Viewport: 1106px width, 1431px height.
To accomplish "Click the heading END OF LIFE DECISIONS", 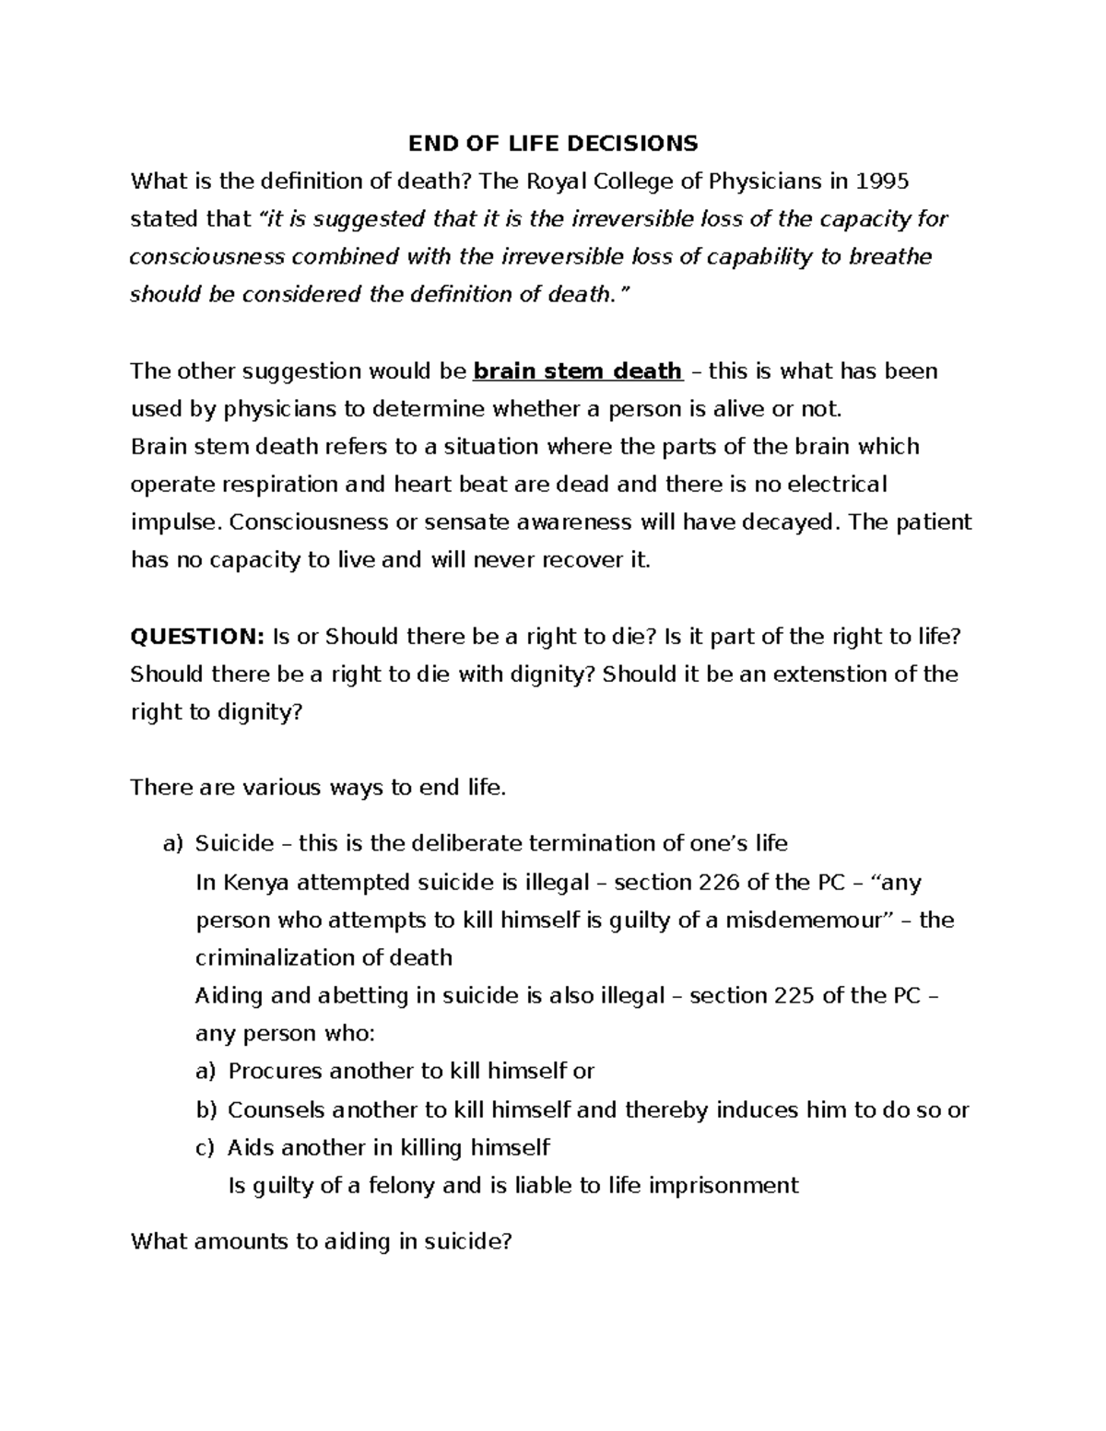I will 553,143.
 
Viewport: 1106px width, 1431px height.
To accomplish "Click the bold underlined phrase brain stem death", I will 577,370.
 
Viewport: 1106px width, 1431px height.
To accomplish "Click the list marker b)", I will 206,1109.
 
